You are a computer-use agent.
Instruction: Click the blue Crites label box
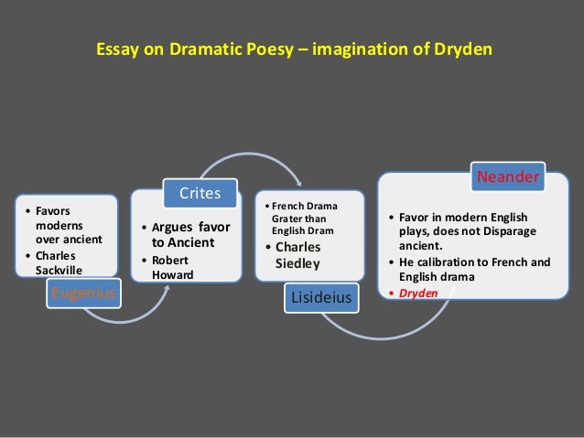coord(199,193)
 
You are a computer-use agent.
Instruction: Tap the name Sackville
coord(59,271)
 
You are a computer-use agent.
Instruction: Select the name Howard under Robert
coord(173,273)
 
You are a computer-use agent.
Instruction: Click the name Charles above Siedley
coord(298,247)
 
